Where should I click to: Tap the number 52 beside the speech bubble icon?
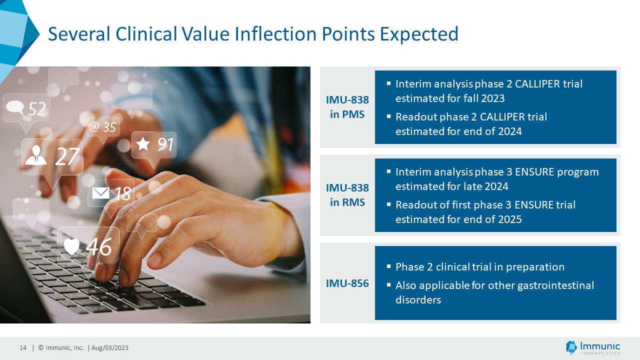(37, 109)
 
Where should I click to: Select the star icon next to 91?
(143, 143)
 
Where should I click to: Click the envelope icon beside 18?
(100, 193)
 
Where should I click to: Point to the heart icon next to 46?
(71, 246)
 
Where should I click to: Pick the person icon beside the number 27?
(35, 155)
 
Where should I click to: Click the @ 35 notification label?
(102, 127)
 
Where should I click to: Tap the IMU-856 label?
(347, 283)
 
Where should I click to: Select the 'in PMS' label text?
(347, 114)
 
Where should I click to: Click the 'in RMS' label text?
(347, 202)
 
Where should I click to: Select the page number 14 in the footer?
(23, 347)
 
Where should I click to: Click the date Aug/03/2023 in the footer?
(110, 347)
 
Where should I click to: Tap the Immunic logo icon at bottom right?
(571, 347)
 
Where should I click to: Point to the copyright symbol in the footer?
(41, 347)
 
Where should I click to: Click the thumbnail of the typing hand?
(155, 195)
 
